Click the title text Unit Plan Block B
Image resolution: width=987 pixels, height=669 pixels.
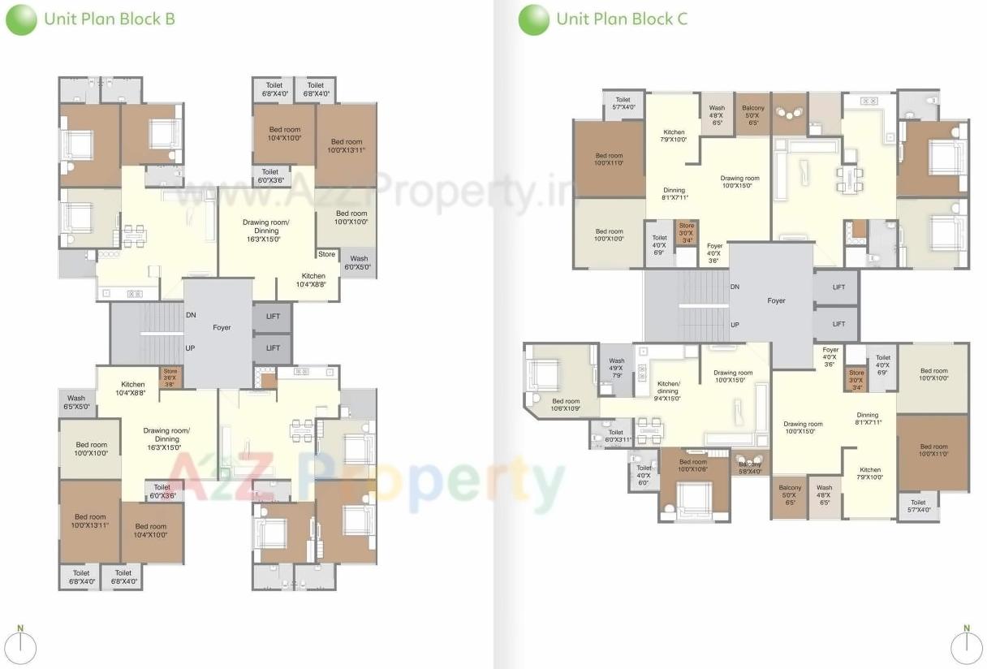[109, 19]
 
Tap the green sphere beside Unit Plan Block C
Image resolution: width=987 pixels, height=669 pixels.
[533, 19]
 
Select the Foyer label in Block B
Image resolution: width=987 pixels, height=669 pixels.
[222, 328]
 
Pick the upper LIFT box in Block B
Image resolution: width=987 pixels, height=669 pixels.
[273, 316]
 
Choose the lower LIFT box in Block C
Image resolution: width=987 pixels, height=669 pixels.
[838, 324]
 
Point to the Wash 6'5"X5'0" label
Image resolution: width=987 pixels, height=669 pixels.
[76, 403]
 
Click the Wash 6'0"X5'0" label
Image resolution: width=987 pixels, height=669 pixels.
[358, 263]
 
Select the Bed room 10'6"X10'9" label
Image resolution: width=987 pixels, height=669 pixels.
[566, 404]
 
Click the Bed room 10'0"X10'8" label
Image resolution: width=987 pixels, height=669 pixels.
[693, 465]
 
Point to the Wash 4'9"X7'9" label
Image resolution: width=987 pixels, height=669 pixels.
[616, 367]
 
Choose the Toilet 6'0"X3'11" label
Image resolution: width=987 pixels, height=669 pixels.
[615, 436]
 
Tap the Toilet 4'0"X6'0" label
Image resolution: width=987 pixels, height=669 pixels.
[644, 475]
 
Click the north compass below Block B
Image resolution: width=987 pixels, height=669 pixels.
[24, 647]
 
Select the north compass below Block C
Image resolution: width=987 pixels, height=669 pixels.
[966, 647]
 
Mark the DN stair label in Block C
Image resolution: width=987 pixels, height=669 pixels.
[735, 287]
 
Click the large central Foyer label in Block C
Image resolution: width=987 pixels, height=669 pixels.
[776, 300]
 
